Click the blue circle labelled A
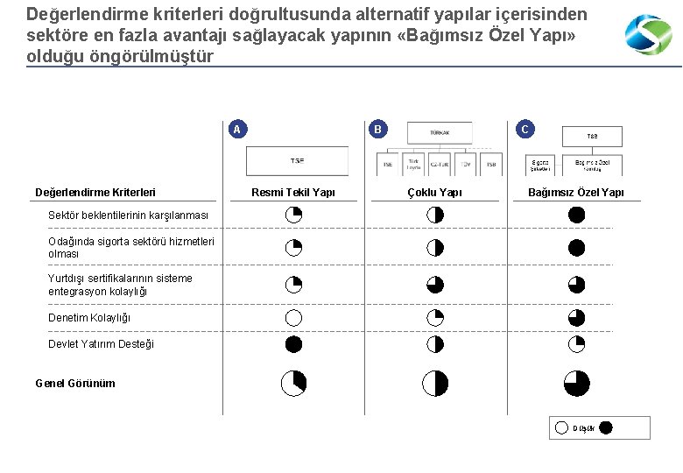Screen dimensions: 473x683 coord(236,130)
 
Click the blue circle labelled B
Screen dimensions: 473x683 coord(377,130)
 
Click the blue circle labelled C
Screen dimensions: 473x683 coord(525,130)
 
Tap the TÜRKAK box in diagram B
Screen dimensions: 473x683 coord(440,132)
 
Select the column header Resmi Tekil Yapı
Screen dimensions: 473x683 coord(293,193)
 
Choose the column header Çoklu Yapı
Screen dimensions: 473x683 coord(435,193)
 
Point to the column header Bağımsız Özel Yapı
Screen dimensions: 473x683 coord(576,193)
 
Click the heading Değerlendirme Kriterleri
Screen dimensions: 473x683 coord(95,193)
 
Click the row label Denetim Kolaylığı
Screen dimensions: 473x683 coord(89,318)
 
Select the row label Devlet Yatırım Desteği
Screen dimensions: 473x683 coord(101,344)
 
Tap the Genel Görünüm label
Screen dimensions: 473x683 coord(75,383)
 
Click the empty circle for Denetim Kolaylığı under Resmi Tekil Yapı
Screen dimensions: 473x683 coord(293,318)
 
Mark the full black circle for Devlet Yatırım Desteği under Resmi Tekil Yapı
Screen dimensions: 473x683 coord(293,344)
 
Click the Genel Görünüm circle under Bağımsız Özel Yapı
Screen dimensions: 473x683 coord(576,383)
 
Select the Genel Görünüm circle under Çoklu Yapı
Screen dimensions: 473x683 coord(435,383)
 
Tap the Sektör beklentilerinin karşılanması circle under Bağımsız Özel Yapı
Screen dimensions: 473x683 coord(576,215)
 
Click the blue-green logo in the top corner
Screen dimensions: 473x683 coord(648,35)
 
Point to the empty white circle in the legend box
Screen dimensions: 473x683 coord(561,427)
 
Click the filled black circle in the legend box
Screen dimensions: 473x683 coord(606,427)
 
